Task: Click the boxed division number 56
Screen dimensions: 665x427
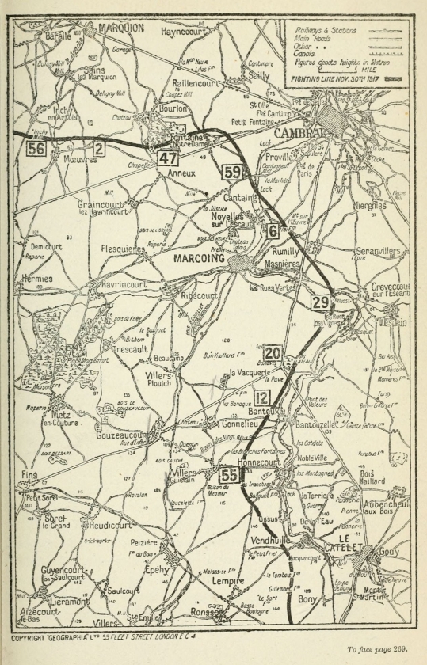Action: pyautogui.click(x=35, y=148)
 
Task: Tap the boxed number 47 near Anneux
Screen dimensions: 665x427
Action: pyautogui.click(x=166, y=157)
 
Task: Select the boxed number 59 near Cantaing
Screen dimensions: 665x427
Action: pyautogui.click(x=232, y=173)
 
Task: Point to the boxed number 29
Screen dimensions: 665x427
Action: pyautogui.click(x=320, y=302)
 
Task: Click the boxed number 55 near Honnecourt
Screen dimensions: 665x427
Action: pyautogui.click(x=229, y=475)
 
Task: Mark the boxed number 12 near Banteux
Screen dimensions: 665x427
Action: pyautogui.click(x=264, y=398)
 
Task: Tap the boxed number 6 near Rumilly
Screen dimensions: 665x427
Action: pyautogui.click(x=273, y=231)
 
